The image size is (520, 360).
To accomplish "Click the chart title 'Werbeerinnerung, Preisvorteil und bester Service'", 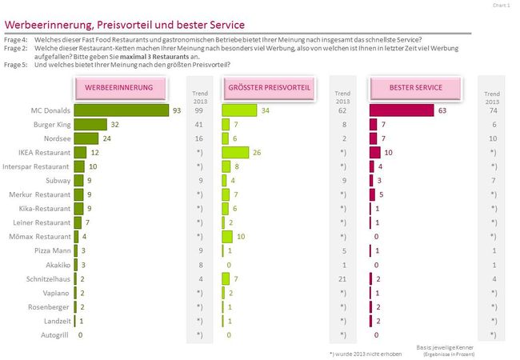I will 125,26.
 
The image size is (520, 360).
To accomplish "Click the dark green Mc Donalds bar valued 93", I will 122,110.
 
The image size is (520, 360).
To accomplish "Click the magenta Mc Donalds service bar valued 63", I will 401,110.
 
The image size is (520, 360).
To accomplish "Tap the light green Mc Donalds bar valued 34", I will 240,110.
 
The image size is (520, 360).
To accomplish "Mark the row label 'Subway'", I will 56,180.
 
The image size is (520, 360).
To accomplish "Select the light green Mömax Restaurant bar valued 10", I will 227,236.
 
